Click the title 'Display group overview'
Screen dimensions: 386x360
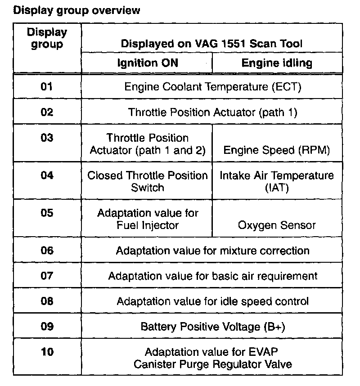[x=77, y=10]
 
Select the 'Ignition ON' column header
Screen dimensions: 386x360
[x=148, y=63]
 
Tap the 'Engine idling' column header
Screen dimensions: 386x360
[x=277, y=63]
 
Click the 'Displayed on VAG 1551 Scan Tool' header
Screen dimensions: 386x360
[x=211, y=44]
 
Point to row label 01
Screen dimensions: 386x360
[x=47, y=86]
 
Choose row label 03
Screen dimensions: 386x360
[x=47, y=138]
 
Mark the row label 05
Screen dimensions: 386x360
[x=47, y=213]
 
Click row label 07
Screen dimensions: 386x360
[x=47, y=276]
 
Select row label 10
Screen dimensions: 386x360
[x=47, y=351]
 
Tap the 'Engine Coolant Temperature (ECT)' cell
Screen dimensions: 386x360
[x=212, y=86]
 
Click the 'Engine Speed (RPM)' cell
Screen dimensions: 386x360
[x=276, y=150]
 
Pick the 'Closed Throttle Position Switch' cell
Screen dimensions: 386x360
[x=148, y=181]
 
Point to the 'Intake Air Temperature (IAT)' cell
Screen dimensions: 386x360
[x=277, y=181]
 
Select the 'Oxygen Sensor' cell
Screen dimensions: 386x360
[x=277, y=225]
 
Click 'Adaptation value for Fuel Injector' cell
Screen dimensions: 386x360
[x=148, y=219]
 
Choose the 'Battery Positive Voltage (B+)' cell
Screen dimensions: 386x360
[x=212, y=326]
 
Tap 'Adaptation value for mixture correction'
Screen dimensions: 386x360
[x=212, y=251]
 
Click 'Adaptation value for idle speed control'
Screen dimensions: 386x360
[x=212, y=301]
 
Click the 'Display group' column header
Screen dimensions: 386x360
[x=47, y=38]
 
